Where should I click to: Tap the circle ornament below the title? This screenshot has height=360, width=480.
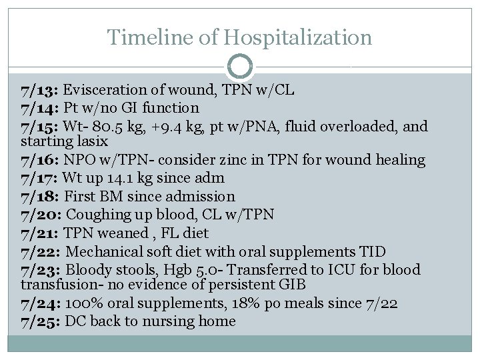click(x=239, y=67)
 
